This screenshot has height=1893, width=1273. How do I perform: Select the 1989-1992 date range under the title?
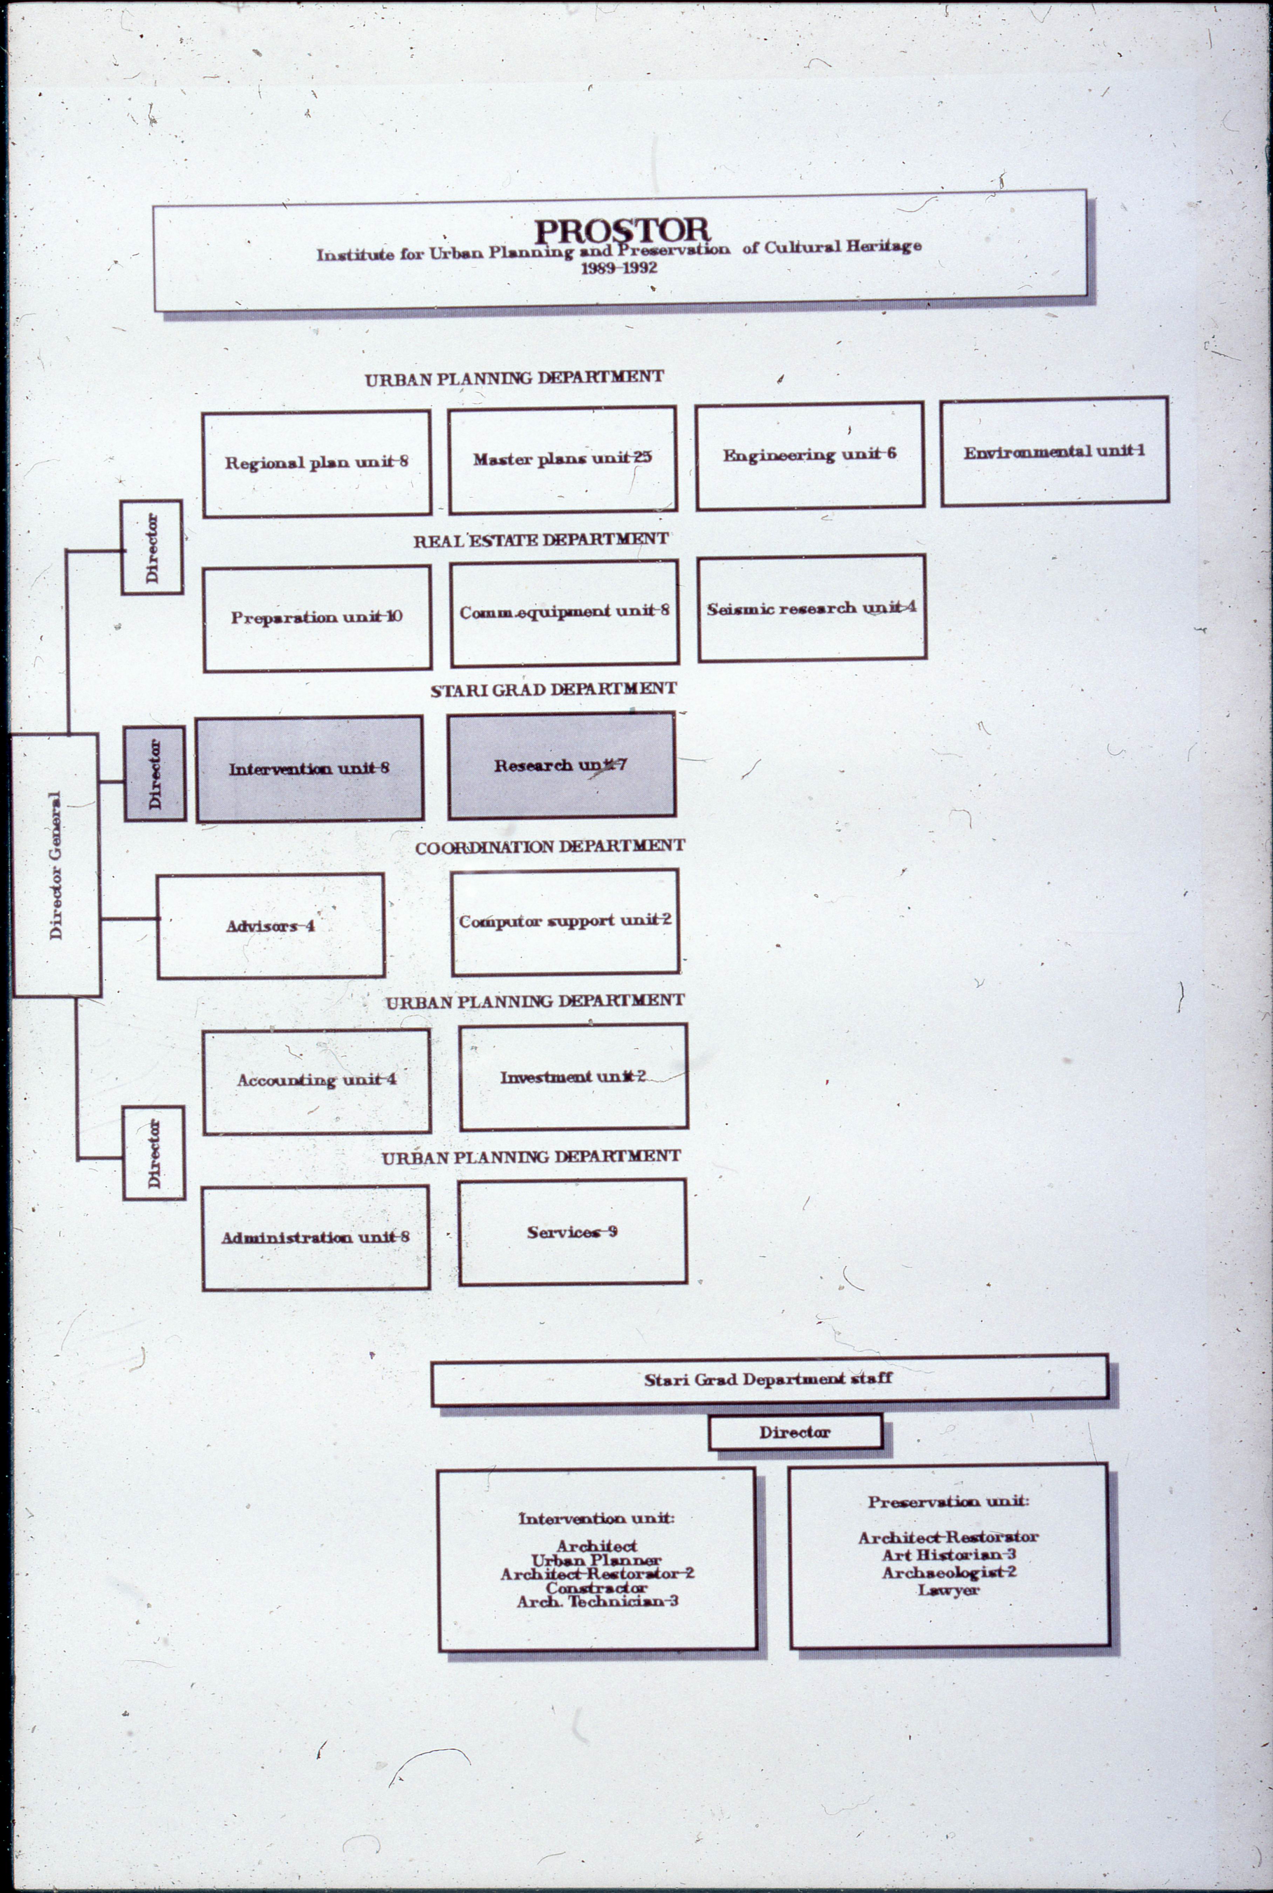(619, 268)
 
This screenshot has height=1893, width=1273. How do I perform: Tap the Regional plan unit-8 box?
(317, 463)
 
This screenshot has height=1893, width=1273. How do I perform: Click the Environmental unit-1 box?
(1054, 452)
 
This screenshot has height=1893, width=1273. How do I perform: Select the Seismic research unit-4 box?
(811, 608)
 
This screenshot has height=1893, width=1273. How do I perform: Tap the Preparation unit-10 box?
(317, 618)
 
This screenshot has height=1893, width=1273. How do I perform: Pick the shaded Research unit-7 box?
(561, 765)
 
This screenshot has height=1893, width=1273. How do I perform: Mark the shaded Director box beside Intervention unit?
(154, 774)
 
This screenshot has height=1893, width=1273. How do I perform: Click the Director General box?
(55, 865)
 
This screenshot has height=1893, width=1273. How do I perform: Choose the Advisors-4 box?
(271, 926)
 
